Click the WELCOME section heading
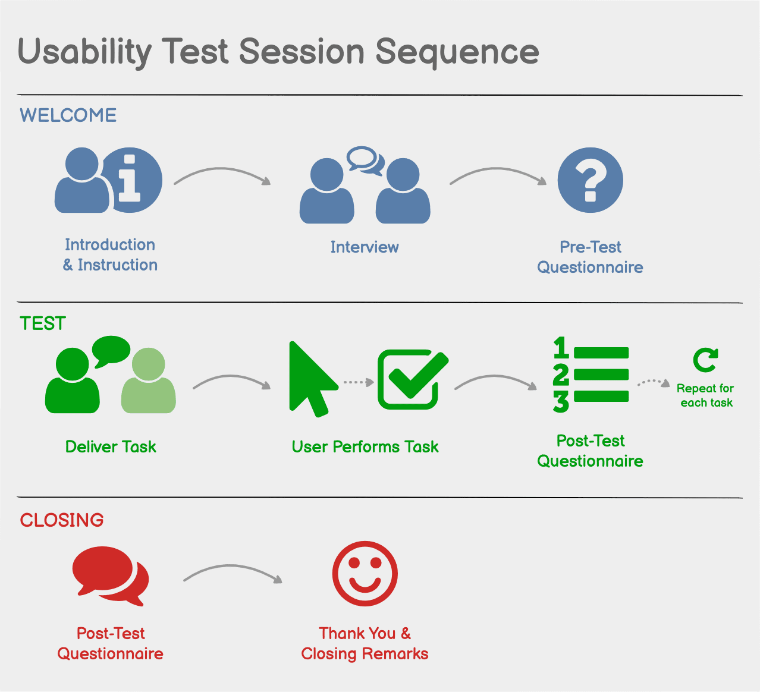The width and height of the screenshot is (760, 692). coord(68,115)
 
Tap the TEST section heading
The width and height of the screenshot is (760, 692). coord(42,323)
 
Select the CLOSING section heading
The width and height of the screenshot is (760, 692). coord(62,520)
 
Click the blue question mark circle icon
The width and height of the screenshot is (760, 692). coord(590,180)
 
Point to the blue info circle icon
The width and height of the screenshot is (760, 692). coord(132,180)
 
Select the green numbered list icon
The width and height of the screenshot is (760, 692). coord(591,375)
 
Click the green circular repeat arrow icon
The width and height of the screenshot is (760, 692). coord(705,360)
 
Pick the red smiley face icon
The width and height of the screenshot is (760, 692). coord(365,573)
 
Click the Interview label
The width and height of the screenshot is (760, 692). coord(365,247)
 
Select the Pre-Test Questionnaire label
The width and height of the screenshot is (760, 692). coord(590,257)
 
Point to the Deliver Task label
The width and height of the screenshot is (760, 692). coord(111,447)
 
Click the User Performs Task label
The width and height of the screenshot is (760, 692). coord(365,447)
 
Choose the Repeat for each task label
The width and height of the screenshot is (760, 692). coord(706,395)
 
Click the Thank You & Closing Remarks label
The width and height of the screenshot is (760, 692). coord(365,644)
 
